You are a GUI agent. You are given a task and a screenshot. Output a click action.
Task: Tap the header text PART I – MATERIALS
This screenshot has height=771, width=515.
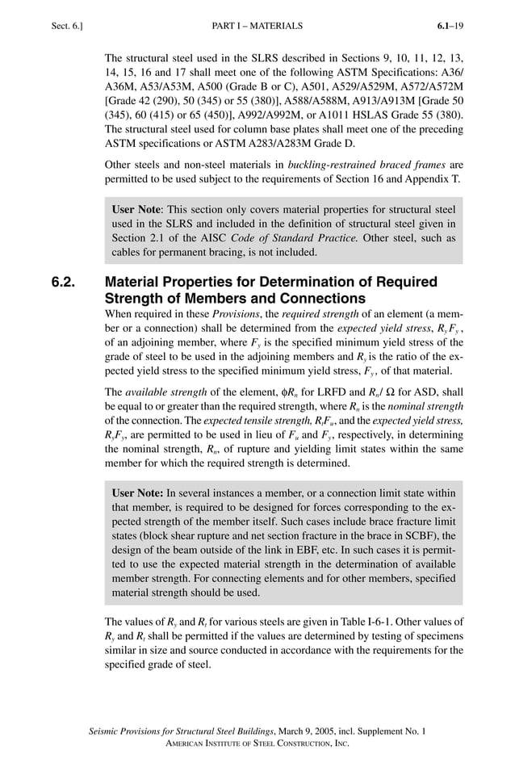coord(257,26)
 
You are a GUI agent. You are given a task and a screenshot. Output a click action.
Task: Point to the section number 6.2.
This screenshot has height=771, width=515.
coord(63,283)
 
